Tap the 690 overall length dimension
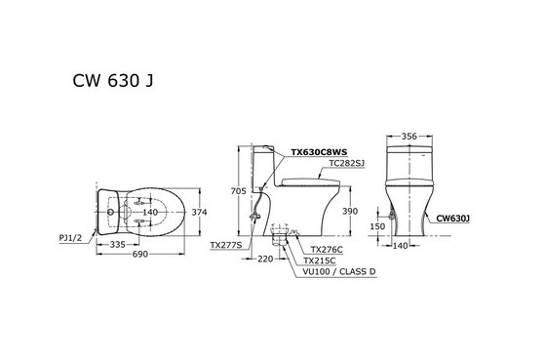point(140,253)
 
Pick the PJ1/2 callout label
point(68,236)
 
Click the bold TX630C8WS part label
point(319,153)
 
